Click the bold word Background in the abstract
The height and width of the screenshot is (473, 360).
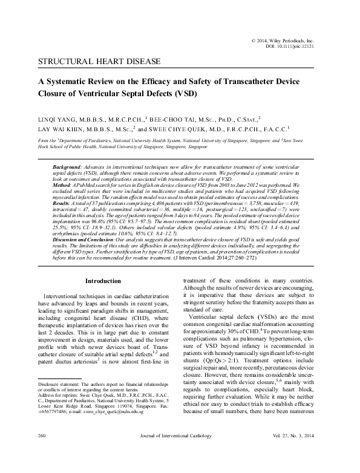(x=67, y=165)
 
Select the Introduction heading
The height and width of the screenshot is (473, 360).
(x=103, y=281)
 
